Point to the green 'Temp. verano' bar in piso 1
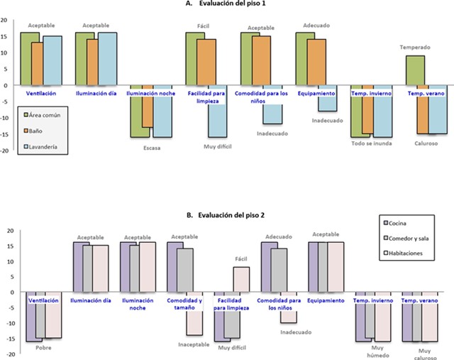415,70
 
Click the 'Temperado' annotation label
415,48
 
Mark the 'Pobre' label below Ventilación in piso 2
43,348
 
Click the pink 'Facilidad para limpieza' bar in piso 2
241,279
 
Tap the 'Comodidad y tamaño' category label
184,303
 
